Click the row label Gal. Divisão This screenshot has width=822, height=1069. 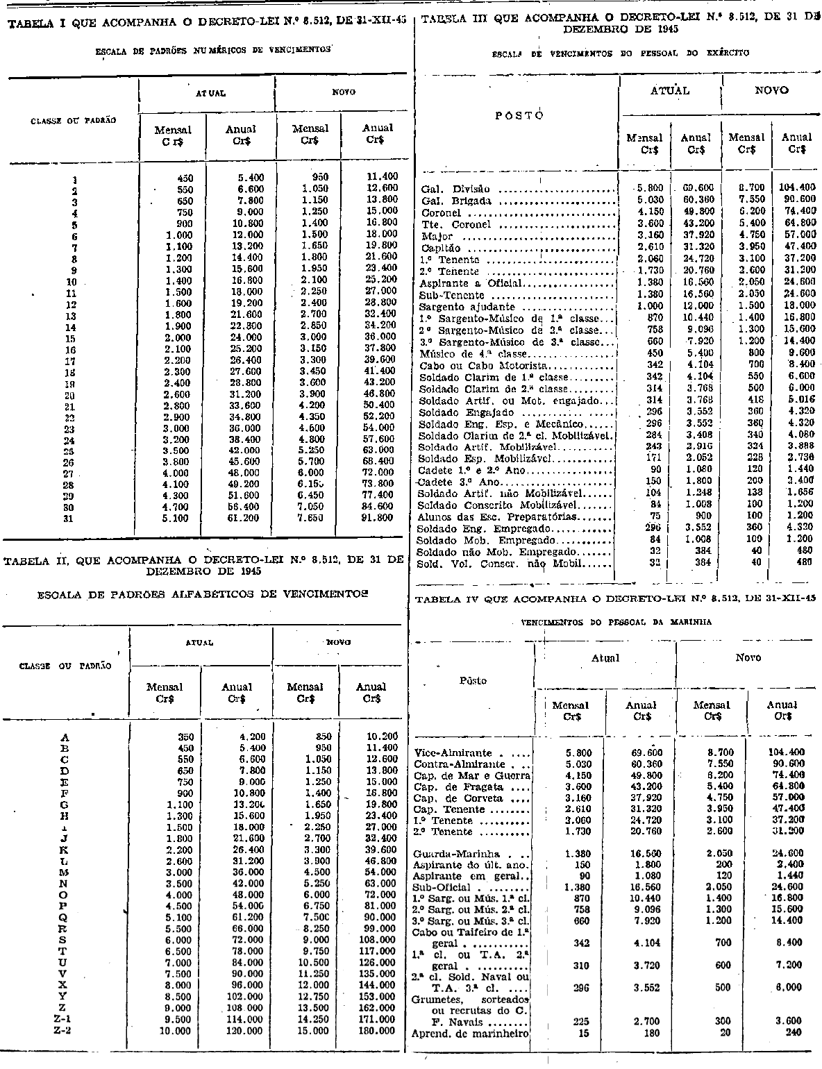(x=455, y=189)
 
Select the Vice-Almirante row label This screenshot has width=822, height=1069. (x=453, y=752)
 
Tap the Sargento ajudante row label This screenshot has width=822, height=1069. (x=467, y=306)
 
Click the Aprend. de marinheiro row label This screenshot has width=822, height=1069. (x=471, y=1032)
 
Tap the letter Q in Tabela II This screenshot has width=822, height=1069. (x=65, y=917)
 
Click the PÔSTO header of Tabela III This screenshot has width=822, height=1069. (x=519, y=116)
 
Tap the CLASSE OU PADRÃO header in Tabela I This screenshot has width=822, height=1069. (x=73, y=120)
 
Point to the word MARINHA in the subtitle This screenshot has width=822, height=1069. (x=687, y=623)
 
